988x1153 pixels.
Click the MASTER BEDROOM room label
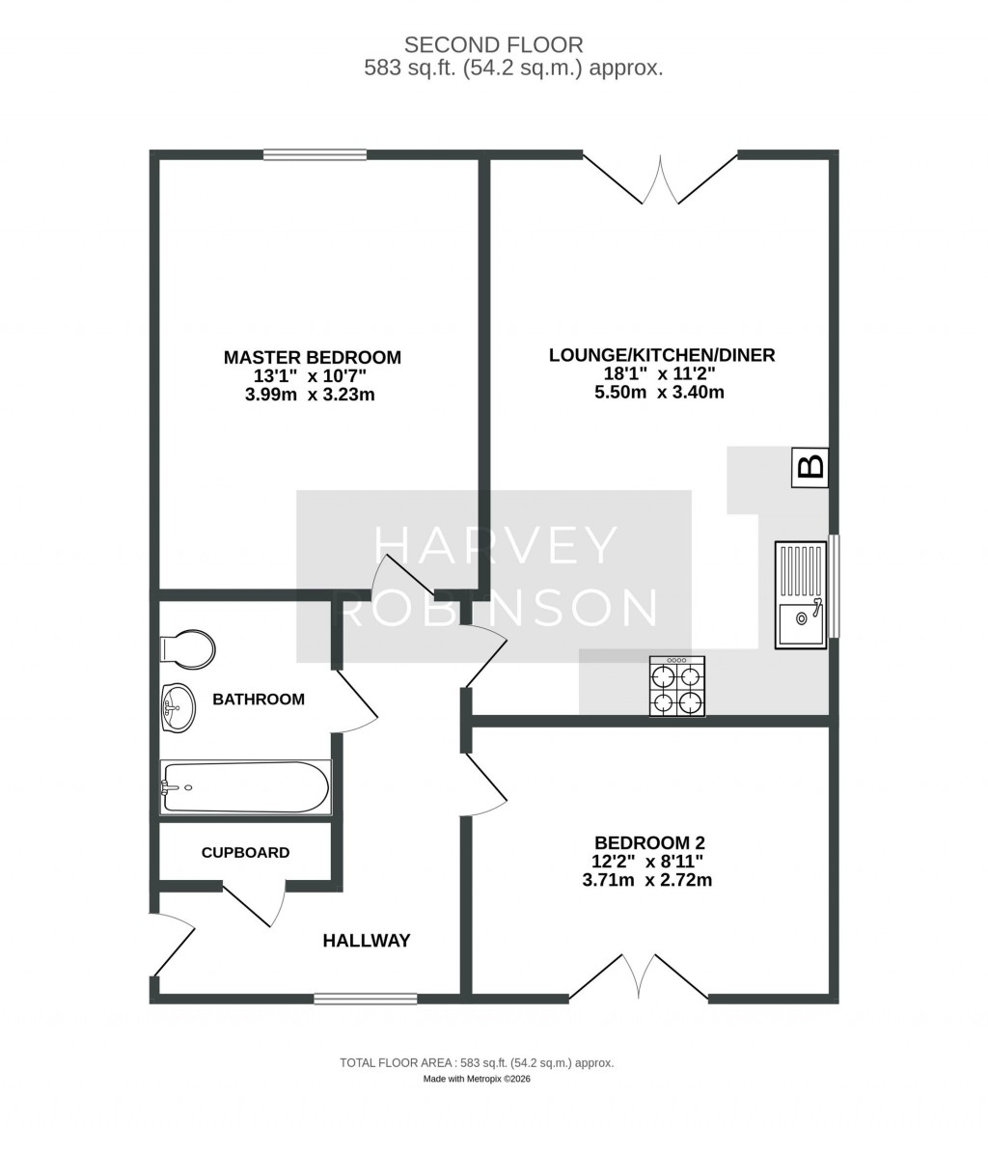click(312, 357)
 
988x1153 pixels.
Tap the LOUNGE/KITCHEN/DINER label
click(661, 355)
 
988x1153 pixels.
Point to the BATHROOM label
click(259, 699)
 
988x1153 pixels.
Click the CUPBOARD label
click(245, 853)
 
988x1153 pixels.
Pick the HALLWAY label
click(367, 940)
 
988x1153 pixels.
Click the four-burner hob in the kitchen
click(677, 686)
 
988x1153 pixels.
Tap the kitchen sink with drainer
click(800, 593)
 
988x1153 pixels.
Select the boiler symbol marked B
click(810, 468)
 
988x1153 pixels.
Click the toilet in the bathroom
click(189, 649)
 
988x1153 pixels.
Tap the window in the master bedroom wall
click(315, 154)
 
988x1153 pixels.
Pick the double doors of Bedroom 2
click(639, 975)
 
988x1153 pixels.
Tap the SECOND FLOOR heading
click(493, 44)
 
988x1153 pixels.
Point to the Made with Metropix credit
click(477, 1079)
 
